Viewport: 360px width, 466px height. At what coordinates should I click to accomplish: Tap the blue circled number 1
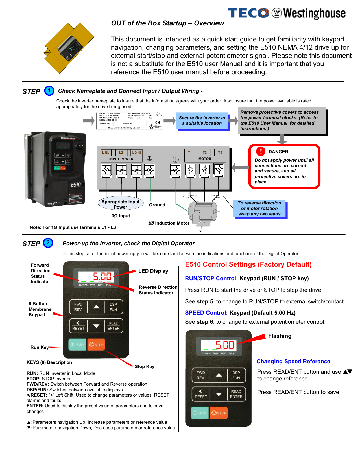point(49,91)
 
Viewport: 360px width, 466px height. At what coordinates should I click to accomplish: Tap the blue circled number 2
point(48,243)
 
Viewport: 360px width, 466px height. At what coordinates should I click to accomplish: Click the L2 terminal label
point(121,152)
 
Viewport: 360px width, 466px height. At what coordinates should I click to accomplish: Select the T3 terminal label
point(220,152)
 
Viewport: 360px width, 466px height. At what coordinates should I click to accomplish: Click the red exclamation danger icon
point(261,152)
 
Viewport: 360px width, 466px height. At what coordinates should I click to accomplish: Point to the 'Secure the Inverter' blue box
point(202,121)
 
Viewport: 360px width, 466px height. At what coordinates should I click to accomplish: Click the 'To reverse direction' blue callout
point(259,209)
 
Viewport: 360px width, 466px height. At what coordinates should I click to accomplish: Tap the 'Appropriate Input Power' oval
point(121,204)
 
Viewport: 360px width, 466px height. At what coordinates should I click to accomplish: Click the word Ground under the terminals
point(157,205)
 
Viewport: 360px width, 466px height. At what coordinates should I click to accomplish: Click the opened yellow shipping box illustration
point(69,48)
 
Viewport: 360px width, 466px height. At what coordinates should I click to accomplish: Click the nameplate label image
point(129,121)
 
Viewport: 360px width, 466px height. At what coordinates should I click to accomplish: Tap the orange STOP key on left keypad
point(96,345)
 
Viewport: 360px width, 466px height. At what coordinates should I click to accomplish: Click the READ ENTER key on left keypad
point(114,326)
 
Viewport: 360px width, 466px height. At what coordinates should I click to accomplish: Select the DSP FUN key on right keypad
point(236,375)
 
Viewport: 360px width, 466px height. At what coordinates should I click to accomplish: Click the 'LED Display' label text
point(153,271)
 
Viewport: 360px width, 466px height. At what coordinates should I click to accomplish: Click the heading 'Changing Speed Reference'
point(293,362)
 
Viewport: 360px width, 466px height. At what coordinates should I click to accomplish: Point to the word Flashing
point(280,336)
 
